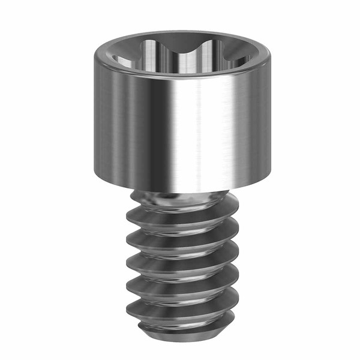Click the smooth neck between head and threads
tap(180, 198)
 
